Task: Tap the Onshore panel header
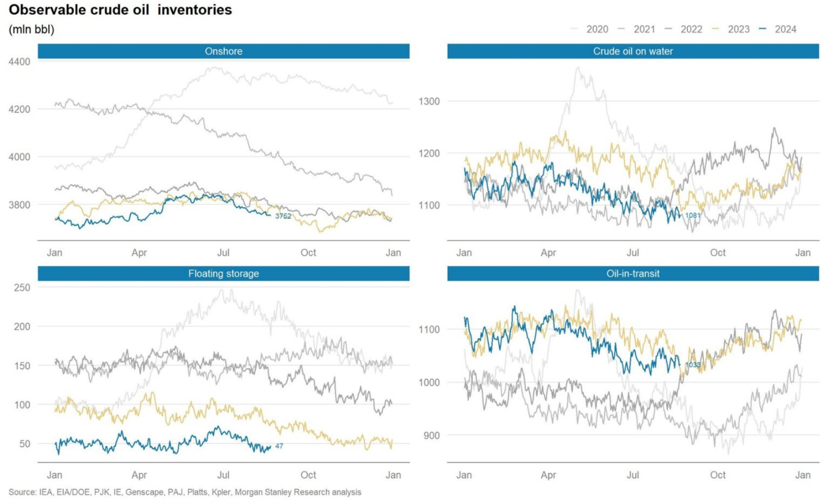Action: [x=224, y=51]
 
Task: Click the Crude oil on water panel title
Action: [x=633, y=51]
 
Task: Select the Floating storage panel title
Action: [x=224, y=274]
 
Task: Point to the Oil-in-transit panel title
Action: [x=633, y=274]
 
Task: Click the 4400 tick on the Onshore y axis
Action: [x=20, y=62]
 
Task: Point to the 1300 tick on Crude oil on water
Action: [x=429, y=102]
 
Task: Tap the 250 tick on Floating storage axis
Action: [x=22, y=288]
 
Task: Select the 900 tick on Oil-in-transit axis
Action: [x=431, y=436]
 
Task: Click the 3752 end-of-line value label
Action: [x=283, y=216]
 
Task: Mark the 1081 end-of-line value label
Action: [x=693, y=215]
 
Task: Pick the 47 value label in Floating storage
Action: [x=279, y=446]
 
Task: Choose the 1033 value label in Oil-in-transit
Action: [x=693, y=365]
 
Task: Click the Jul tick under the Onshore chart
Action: [x=224, y=253]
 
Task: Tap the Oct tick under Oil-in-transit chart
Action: [x=717, y=475]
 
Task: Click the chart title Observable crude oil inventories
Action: [x=120, y=10]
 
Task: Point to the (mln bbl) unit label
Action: [x=31, y=30]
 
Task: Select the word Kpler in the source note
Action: [x=221, y=492]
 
